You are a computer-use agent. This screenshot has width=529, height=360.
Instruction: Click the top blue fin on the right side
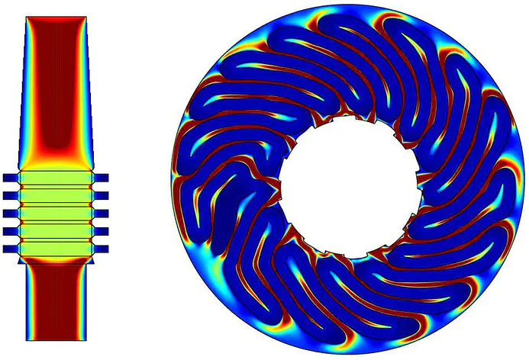click(x=102, y=178)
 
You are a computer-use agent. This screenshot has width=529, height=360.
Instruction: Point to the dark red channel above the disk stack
click(x=54, y=84)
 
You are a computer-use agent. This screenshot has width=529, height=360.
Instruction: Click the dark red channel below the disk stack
click(x=55, y=301)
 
